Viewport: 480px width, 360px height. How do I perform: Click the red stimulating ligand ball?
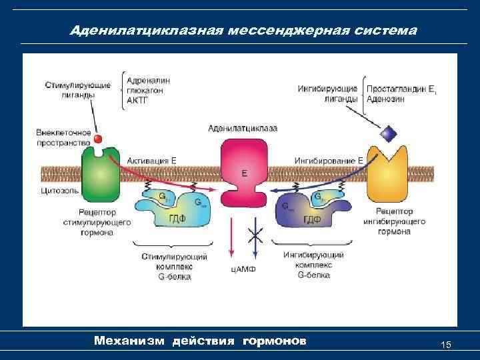pos(97,139)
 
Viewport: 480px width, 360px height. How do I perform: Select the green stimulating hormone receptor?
pos(100,175)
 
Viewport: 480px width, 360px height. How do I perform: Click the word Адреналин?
pos(148,80)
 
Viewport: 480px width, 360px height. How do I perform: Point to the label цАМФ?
pos(243,269)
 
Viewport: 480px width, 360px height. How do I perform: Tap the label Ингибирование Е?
pos(329,161)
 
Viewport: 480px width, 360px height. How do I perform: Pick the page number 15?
pos(447,345)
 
